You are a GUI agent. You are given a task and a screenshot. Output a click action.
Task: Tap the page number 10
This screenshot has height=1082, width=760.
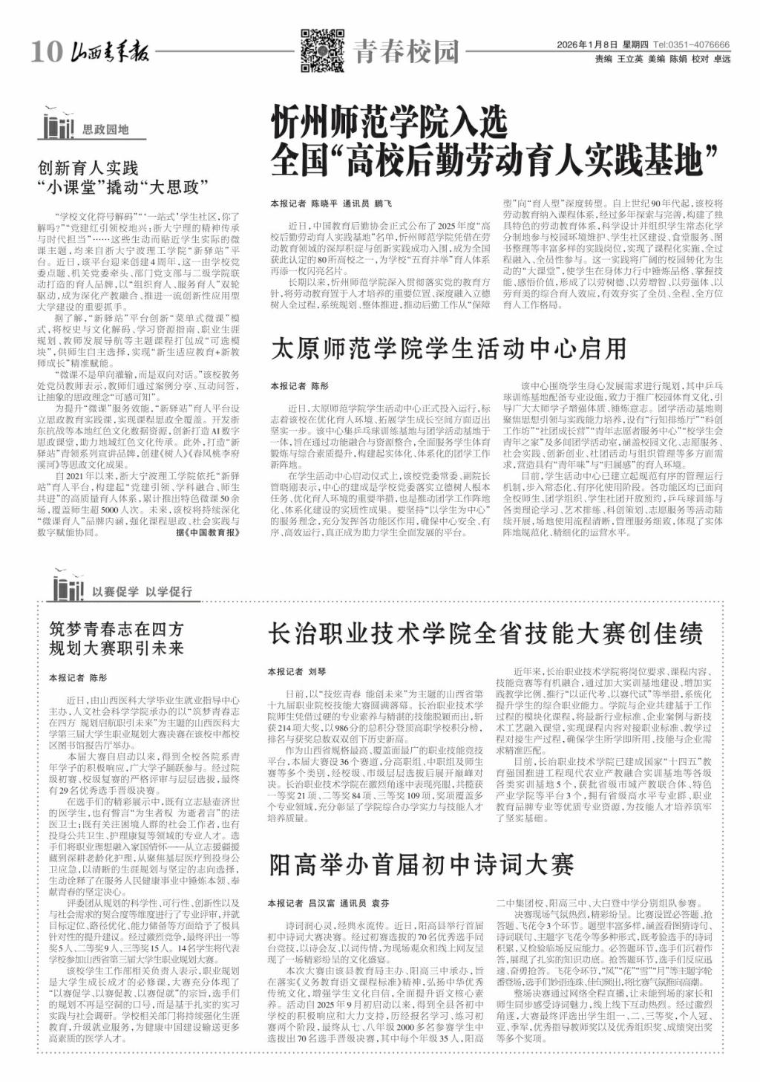(47, 52)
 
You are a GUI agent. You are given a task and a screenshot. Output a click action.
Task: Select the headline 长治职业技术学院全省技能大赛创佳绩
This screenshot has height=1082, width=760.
(485, 633)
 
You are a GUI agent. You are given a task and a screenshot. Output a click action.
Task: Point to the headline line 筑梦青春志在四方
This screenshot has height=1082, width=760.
(116, 628)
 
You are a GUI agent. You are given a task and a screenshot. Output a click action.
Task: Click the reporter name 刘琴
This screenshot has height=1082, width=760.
(317, 671)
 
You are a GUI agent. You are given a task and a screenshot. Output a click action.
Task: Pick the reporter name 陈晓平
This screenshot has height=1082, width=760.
(324, 203)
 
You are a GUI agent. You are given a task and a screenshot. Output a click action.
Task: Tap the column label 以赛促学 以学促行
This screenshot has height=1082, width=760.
(142, 592)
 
